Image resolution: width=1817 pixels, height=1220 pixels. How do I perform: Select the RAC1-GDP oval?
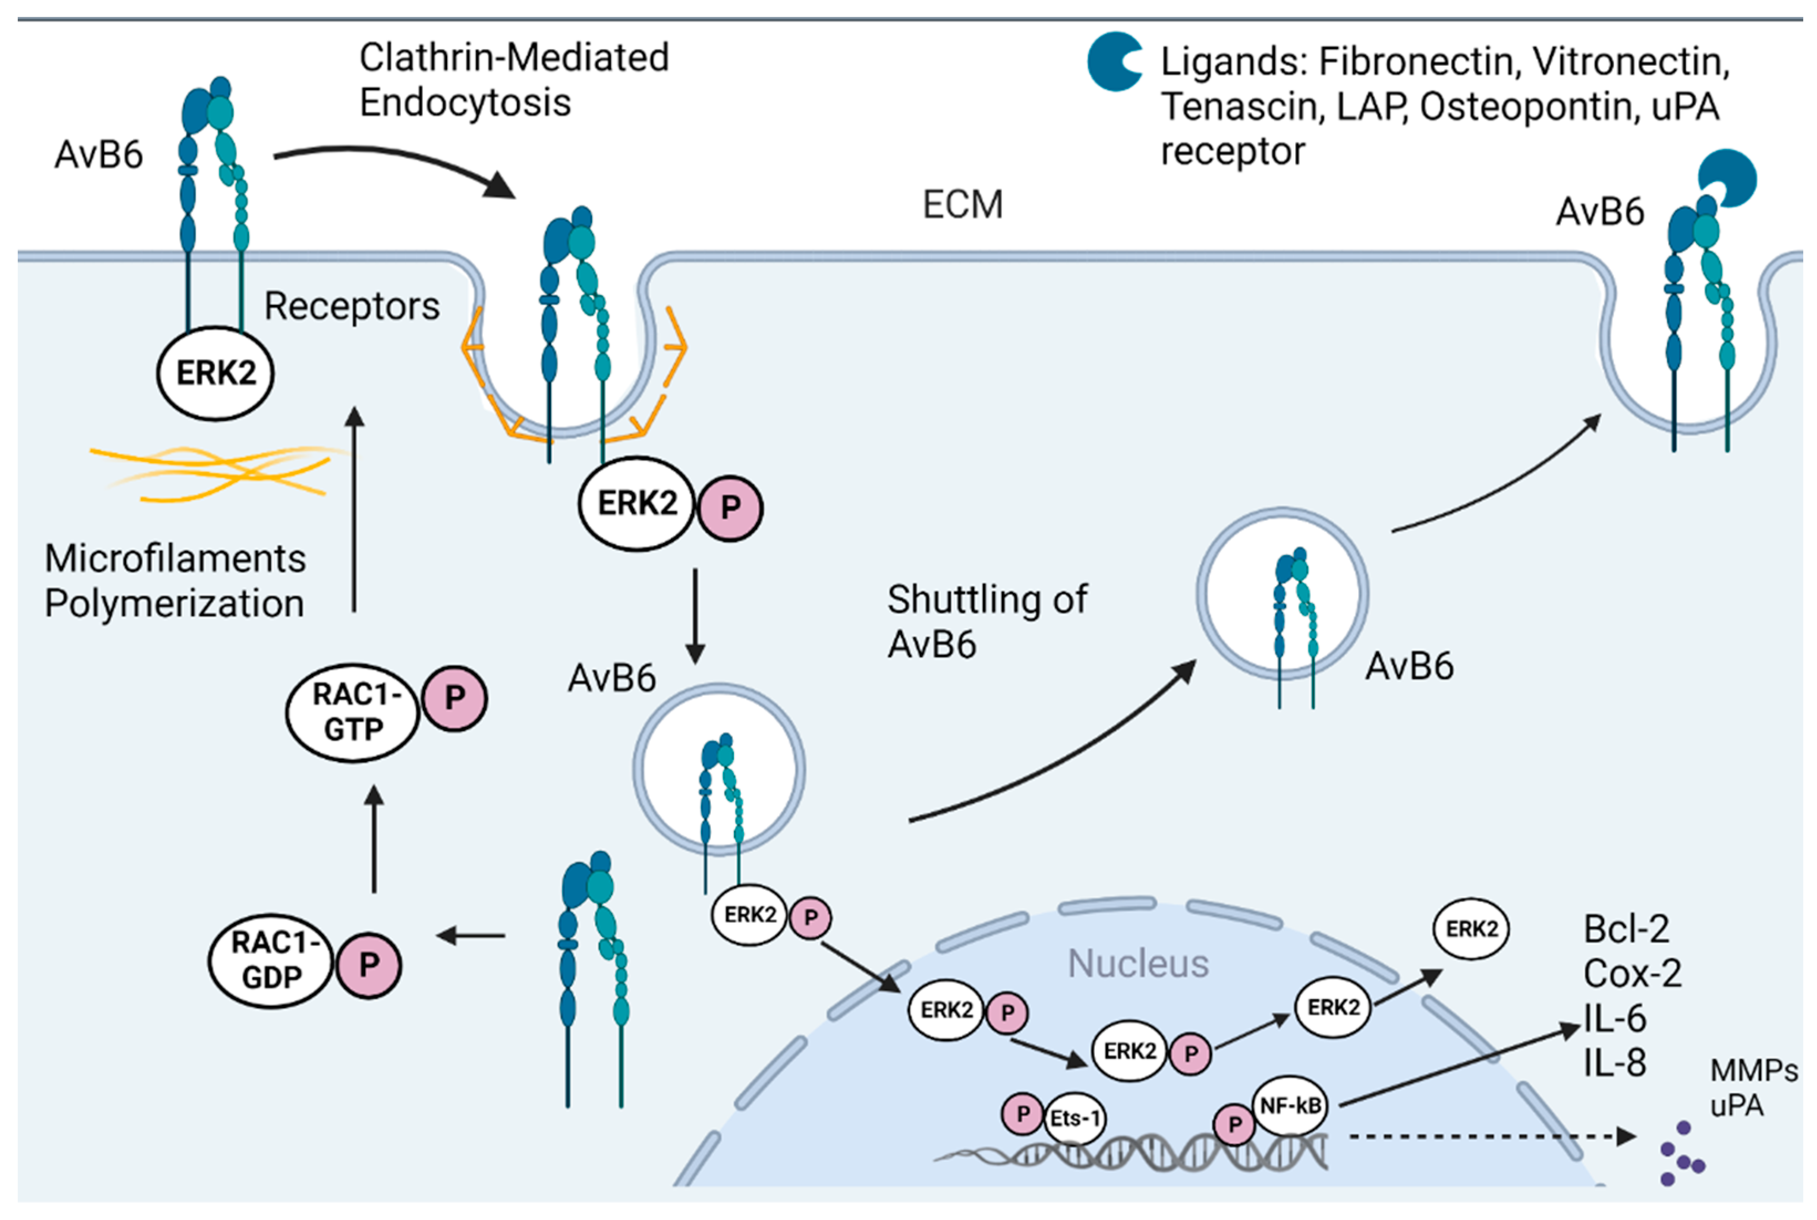point(271,960)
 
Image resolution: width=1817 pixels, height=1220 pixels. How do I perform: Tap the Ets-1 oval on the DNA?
point(1075,1119)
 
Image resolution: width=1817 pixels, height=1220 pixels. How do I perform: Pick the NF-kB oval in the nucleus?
point(1290,1105)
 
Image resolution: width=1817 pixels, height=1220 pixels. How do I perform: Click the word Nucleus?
point(1138,964)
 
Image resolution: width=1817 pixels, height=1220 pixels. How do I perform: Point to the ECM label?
point(962,205)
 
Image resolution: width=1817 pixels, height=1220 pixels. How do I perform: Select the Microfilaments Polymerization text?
point(175,581)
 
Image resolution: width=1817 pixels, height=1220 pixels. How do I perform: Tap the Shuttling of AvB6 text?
point(986,622)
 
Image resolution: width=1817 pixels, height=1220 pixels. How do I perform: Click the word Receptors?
point(351,306)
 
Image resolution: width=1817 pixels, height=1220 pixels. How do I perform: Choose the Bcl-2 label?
point(1626,929)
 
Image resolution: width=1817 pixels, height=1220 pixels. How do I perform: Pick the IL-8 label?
point(1615,1063)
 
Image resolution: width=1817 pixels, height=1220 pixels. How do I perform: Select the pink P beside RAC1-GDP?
point(369,965)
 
